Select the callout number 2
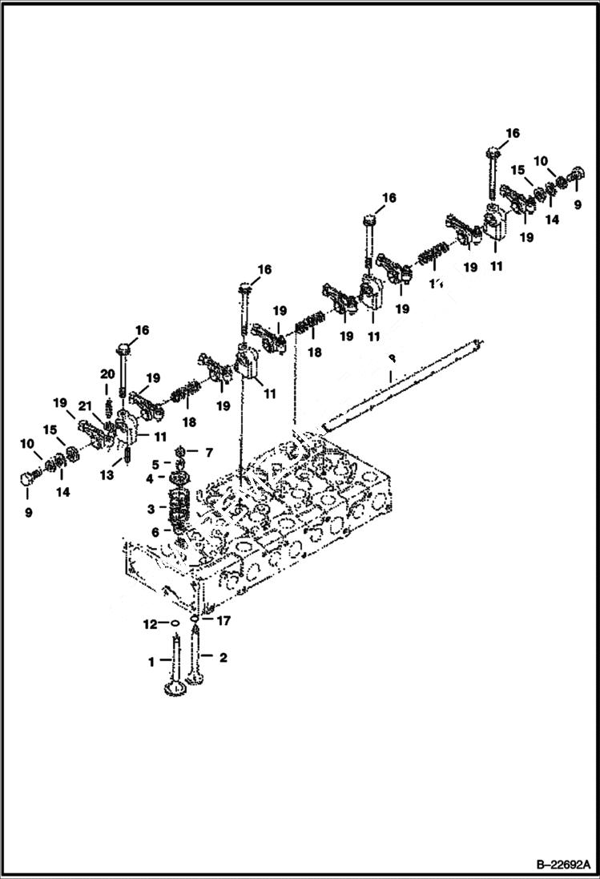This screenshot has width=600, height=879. [x=223, y=658]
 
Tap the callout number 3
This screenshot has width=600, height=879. [x=150, y=509]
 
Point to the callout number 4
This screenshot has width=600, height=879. [x=150, y=479]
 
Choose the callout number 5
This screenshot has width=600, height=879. [x=156, y=464]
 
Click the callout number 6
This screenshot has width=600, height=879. [x=154, y=531]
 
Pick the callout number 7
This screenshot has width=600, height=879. [x=208, y=453]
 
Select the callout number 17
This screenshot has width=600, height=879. [x=224, y=619]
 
